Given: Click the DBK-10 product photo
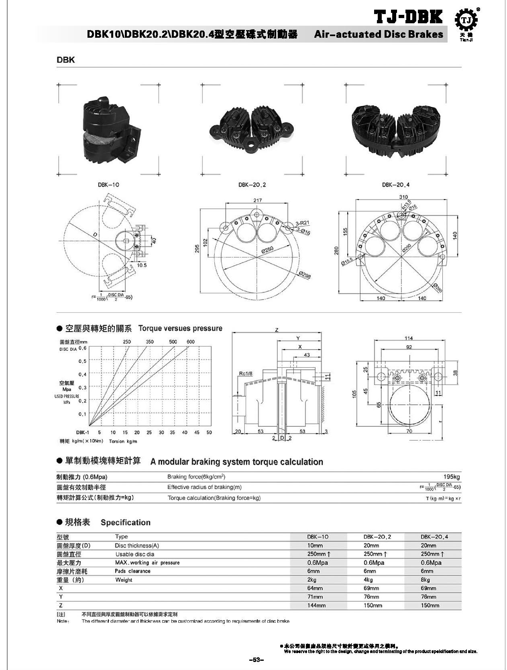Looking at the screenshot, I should coord(110,130).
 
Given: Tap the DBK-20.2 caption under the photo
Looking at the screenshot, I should coord(252,185).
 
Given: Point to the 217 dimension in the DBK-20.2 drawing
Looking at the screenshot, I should coord(258,200).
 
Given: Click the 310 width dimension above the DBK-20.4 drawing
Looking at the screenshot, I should coord(403,197).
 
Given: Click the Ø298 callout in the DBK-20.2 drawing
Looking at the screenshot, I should coord(305,275).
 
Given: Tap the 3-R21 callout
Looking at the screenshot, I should coord(303,223).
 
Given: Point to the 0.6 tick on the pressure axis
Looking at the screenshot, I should coord(82,348).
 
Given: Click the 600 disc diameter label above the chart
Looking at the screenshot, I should coord(191,342).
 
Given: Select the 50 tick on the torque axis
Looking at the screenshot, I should coord(209,432).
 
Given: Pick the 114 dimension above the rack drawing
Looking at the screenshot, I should coord(408,338).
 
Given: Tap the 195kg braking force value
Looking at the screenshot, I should coord(452,477).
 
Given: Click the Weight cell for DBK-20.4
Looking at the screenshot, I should coord(425,580).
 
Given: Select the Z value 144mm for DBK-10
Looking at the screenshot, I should coord(316,605).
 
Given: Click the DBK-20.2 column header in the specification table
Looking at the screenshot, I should coord(377,536).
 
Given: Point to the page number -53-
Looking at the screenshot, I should coord(255,660).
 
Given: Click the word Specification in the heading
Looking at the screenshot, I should coord(126,522).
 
